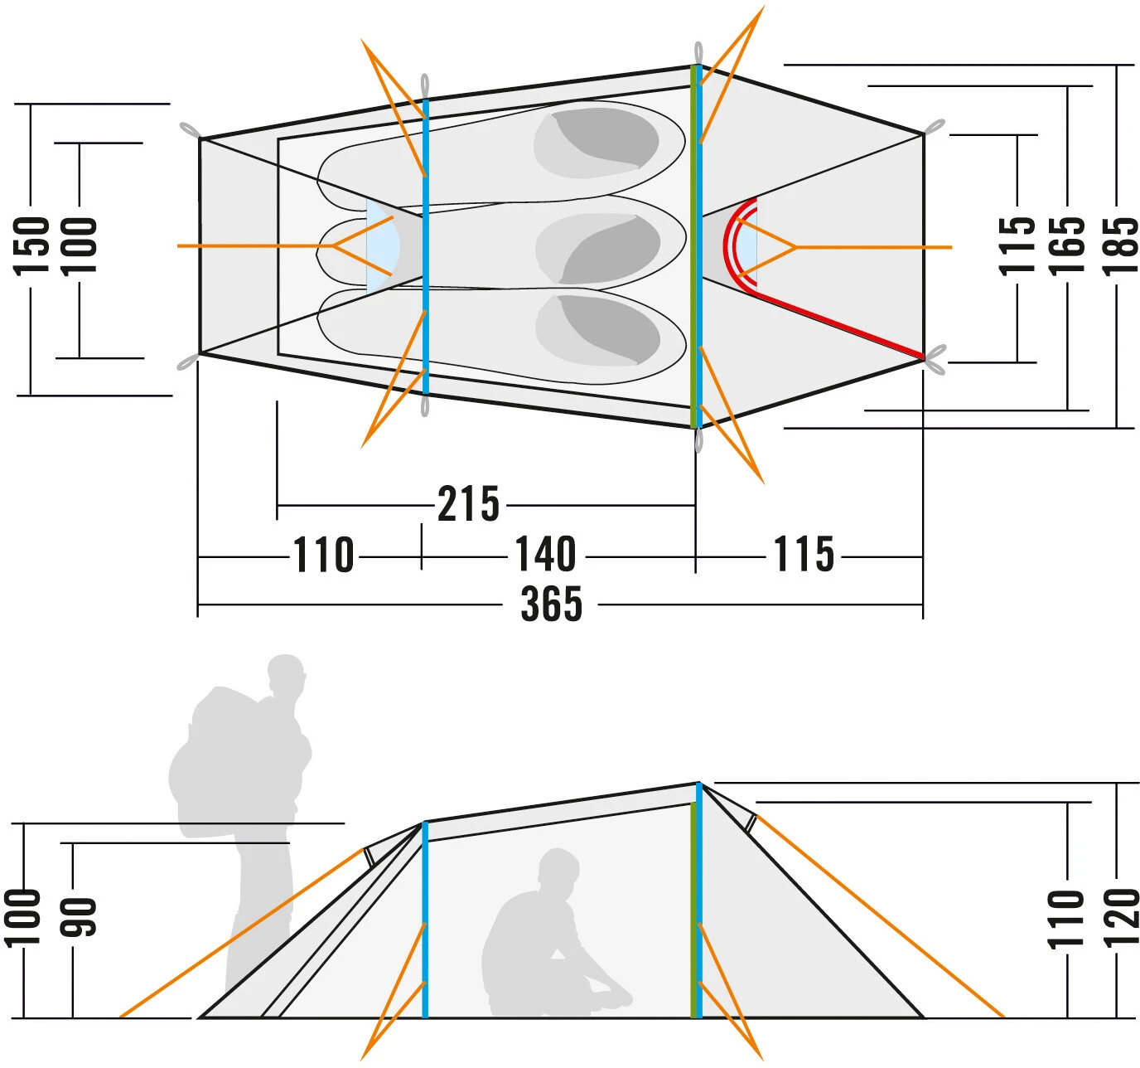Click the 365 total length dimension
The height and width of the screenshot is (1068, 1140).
click(552, 604)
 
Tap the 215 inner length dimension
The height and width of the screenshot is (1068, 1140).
click(469, 504)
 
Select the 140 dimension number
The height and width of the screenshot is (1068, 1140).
click(546, 555)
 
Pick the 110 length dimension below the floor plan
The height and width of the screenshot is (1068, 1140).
click(324, 556)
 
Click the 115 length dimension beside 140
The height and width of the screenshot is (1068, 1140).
click(804, 555)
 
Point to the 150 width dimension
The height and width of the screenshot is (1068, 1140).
click(32, 245)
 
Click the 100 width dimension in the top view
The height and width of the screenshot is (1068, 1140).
click(80, 245)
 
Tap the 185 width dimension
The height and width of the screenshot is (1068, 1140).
click(1120, 245)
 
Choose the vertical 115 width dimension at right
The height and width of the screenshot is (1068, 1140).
click(1017, 245)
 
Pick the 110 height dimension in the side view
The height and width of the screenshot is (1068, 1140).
click(1066, 919)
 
